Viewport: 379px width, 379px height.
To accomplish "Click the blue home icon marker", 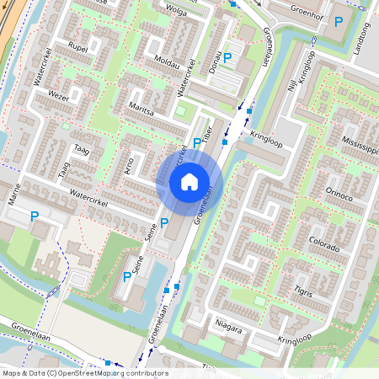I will (189, 181).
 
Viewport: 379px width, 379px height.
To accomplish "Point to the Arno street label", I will (127, 164).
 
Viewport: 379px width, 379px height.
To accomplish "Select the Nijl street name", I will (291, 82).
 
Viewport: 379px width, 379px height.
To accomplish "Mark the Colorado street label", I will (324, 245).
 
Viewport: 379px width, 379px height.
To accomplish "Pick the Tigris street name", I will (303, 292).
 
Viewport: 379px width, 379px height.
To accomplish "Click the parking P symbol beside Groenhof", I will (339, 21).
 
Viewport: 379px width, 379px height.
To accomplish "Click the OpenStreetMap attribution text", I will (84, 373).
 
